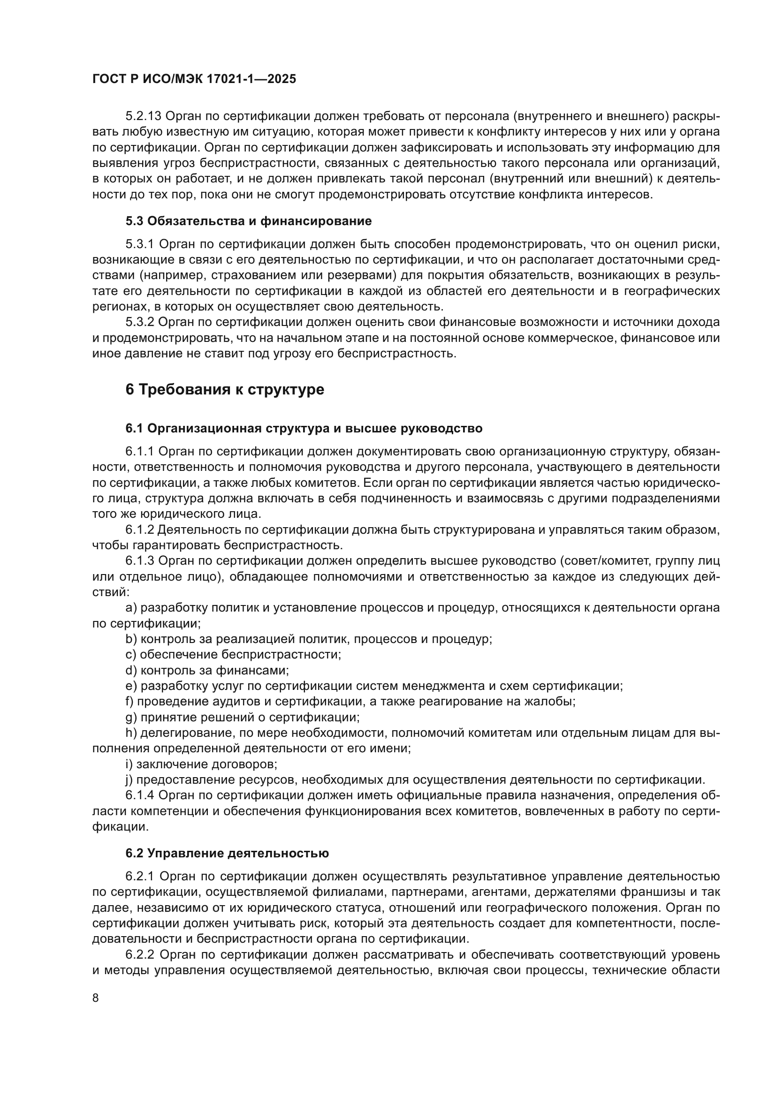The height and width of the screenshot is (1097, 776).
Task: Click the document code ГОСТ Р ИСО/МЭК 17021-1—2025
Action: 194,79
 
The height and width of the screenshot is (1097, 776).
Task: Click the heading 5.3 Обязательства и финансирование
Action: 249,221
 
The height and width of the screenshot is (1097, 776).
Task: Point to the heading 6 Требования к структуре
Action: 225,389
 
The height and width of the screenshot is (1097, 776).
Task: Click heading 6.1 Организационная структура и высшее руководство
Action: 304,428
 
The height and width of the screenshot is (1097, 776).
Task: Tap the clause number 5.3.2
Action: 139,323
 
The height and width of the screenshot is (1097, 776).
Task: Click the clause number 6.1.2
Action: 139,530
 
